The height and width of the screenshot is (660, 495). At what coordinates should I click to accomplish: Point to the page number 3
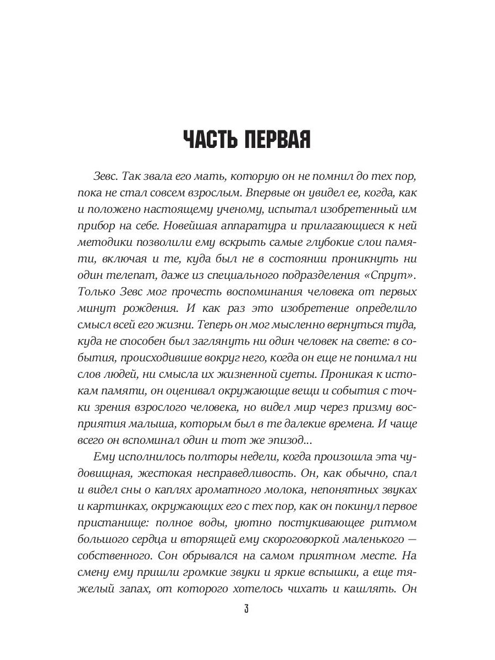pos(247,609)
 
